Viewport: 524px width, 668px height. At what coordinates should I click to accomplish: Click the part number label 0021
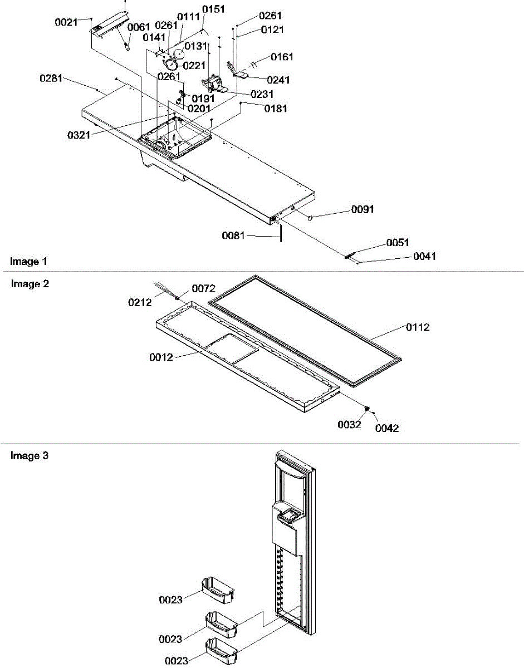coord(66,23)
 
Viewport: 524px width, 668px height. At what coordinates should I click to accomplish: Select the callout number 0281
coord(51,80)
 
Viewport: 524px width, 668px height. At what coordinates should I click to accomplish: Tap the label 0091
coord(363,210)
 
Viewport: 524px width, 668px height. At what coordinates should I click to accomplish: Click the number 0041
coord(425,257)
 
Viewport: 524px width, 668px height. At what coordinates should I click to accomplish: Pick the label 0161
coord(282,57)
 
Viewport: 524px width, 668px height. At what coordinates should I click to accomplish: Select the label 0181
coord(276,109)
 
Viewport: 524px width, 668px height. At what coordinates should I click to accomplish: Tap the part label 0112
coord(418,328)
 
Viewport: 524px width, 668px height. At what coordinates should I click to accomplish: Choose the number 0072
coord(203,288)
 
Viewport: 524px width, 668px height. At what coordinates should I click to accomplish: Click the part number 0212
coord(140,302)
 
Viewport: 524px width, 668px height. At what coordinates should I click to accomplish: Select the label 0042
coord(387,428)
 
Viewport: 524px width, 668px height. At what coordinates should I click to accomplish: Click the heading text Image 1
coord(25,261)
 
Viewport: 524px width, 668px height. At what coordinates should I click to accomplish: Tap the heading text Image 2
coord(30,284)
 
